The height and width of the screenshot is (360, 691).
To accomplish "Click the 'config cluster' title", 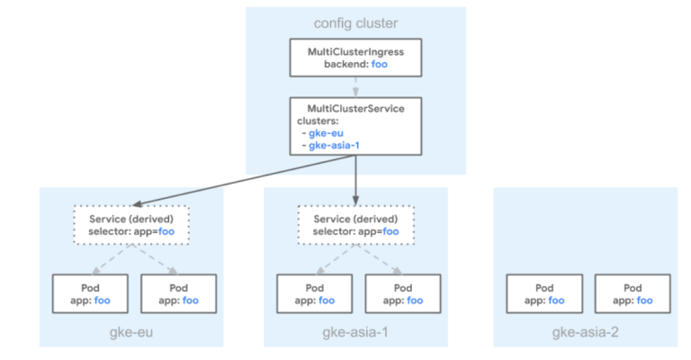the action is (355, 22).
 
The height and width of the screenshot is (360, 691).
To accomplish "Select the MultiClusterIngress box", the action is (355, 58).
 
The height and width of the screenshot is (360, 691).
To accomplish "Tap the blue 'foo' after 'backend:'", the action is (380, 64).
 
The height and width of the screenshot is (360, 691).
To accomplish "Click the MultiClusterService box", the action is (355, 127).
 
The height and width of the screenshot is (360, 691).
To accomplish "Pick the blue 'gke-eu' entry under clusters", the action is (326, 133).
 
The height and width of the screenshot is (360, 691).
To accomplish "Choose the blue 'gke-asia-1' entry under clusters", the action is (334, 146).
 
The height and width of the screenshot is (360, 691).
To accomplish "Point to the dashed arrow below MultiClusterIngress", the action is (355, 87).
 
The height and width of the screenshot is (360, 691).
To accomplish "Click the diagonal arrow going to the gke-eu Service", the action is (244, 180).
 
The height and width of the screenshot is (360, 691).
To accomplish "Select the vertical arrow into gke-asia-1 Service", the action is (355, 180).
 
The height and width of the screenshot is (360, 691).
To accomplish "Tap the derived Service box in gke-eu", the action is (131, 225).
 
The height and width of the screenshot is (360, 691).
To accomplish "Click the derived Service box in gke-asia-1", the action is (356, 225).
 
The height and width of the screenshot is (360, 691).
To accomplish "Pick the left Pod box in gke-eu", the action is (90, 294).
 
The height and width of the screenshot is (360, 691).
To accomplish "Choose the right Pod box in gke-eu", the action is (178, 294).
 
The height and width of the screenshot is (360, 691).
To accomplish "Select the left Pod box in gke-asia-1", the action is (315, 294).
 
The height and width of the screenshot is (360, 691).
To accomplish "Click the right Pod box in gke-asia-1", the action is (403, 294).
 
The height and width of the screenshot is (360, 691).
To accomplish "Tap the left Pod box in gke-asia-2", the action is (544, 294).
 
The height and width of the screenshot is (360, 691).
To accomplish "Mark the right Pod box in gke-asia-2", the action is (633, 294).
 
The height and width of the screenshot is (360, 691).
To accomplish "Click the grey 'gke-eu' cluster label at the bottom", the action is (131, 332).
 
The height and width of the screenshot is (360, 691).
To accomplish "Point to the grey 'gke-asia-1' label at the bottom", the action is (355, 332).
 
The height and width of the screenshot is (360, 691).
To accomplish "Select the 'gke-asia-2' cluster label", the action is (585, 332).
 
